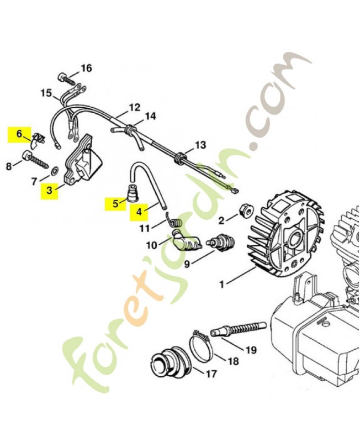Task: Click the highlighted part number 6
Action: [18, 133]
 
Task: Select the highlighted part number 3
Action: [49, 191]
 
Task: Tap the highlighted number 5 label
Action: [115, 203]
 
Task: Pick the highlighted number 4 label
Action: [139, 211]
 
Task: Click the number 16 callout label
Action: [86, 69]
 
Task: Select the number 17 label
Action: [210, 374]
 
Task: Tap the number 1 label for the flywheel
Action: [221, 285]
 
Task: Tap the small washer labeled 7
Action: [54, 169]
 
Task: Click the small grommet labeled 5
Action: [133, 194]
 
